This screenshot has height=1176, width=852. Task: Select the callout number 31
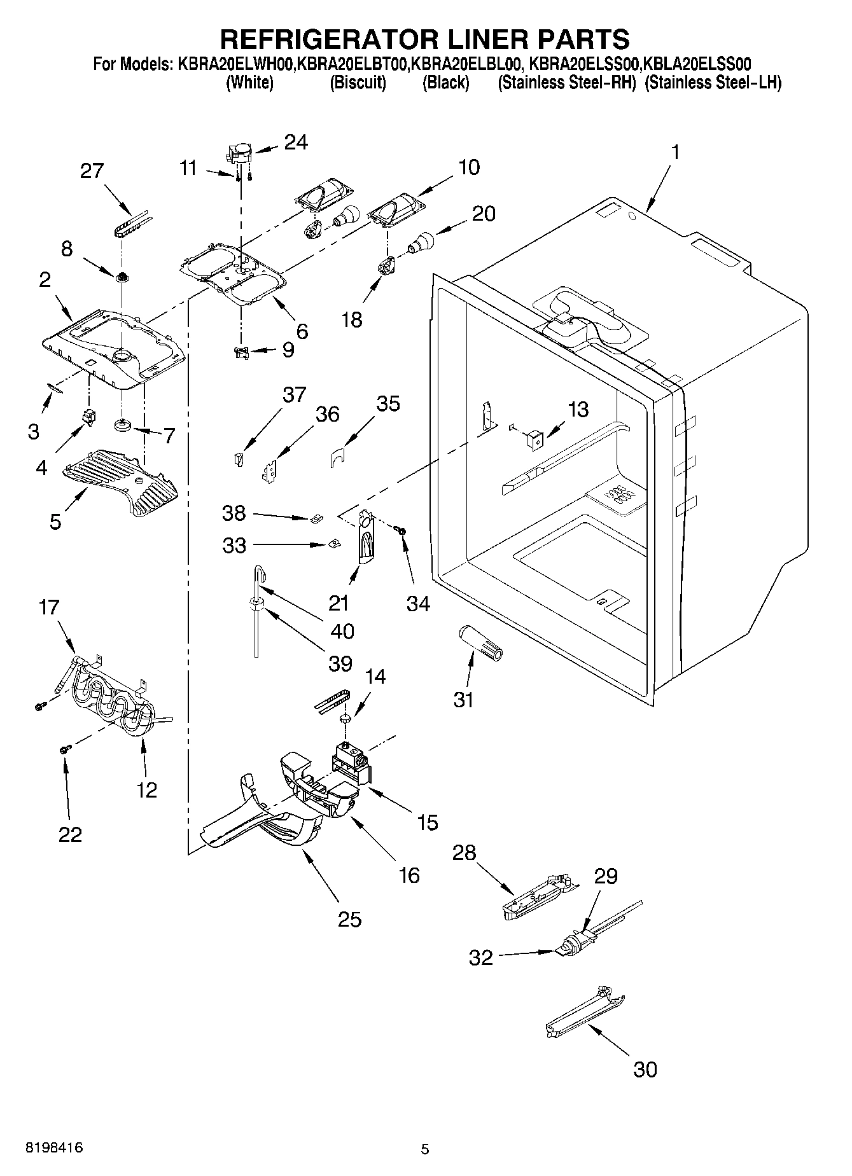coord(464,700)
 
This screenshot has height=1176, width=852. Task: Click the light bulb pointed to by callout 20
coord(421,242)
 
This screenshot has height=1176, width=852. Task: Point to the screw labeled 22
coord(64,751)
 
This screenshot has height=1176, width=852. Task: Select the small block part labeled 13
coord(534,438)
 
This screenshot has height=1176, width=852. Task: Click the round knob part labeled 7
coord(122,425)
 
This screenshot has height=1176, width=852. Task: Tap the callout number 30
coord(645,1069)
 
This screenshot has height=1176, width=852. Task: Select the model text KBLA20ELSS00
coord(698,64)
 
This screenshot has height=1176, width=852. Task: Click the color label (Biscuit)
coord(358,83)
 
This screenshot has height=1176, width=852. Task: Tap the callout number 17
coord(49,607)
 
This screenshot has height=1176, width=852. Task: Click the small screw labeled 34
coord(402,530)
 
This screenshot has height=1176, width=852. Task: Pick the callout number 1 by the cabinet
coord(675,152)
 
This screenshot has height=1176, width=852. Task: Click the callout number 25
coord(349,919)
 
